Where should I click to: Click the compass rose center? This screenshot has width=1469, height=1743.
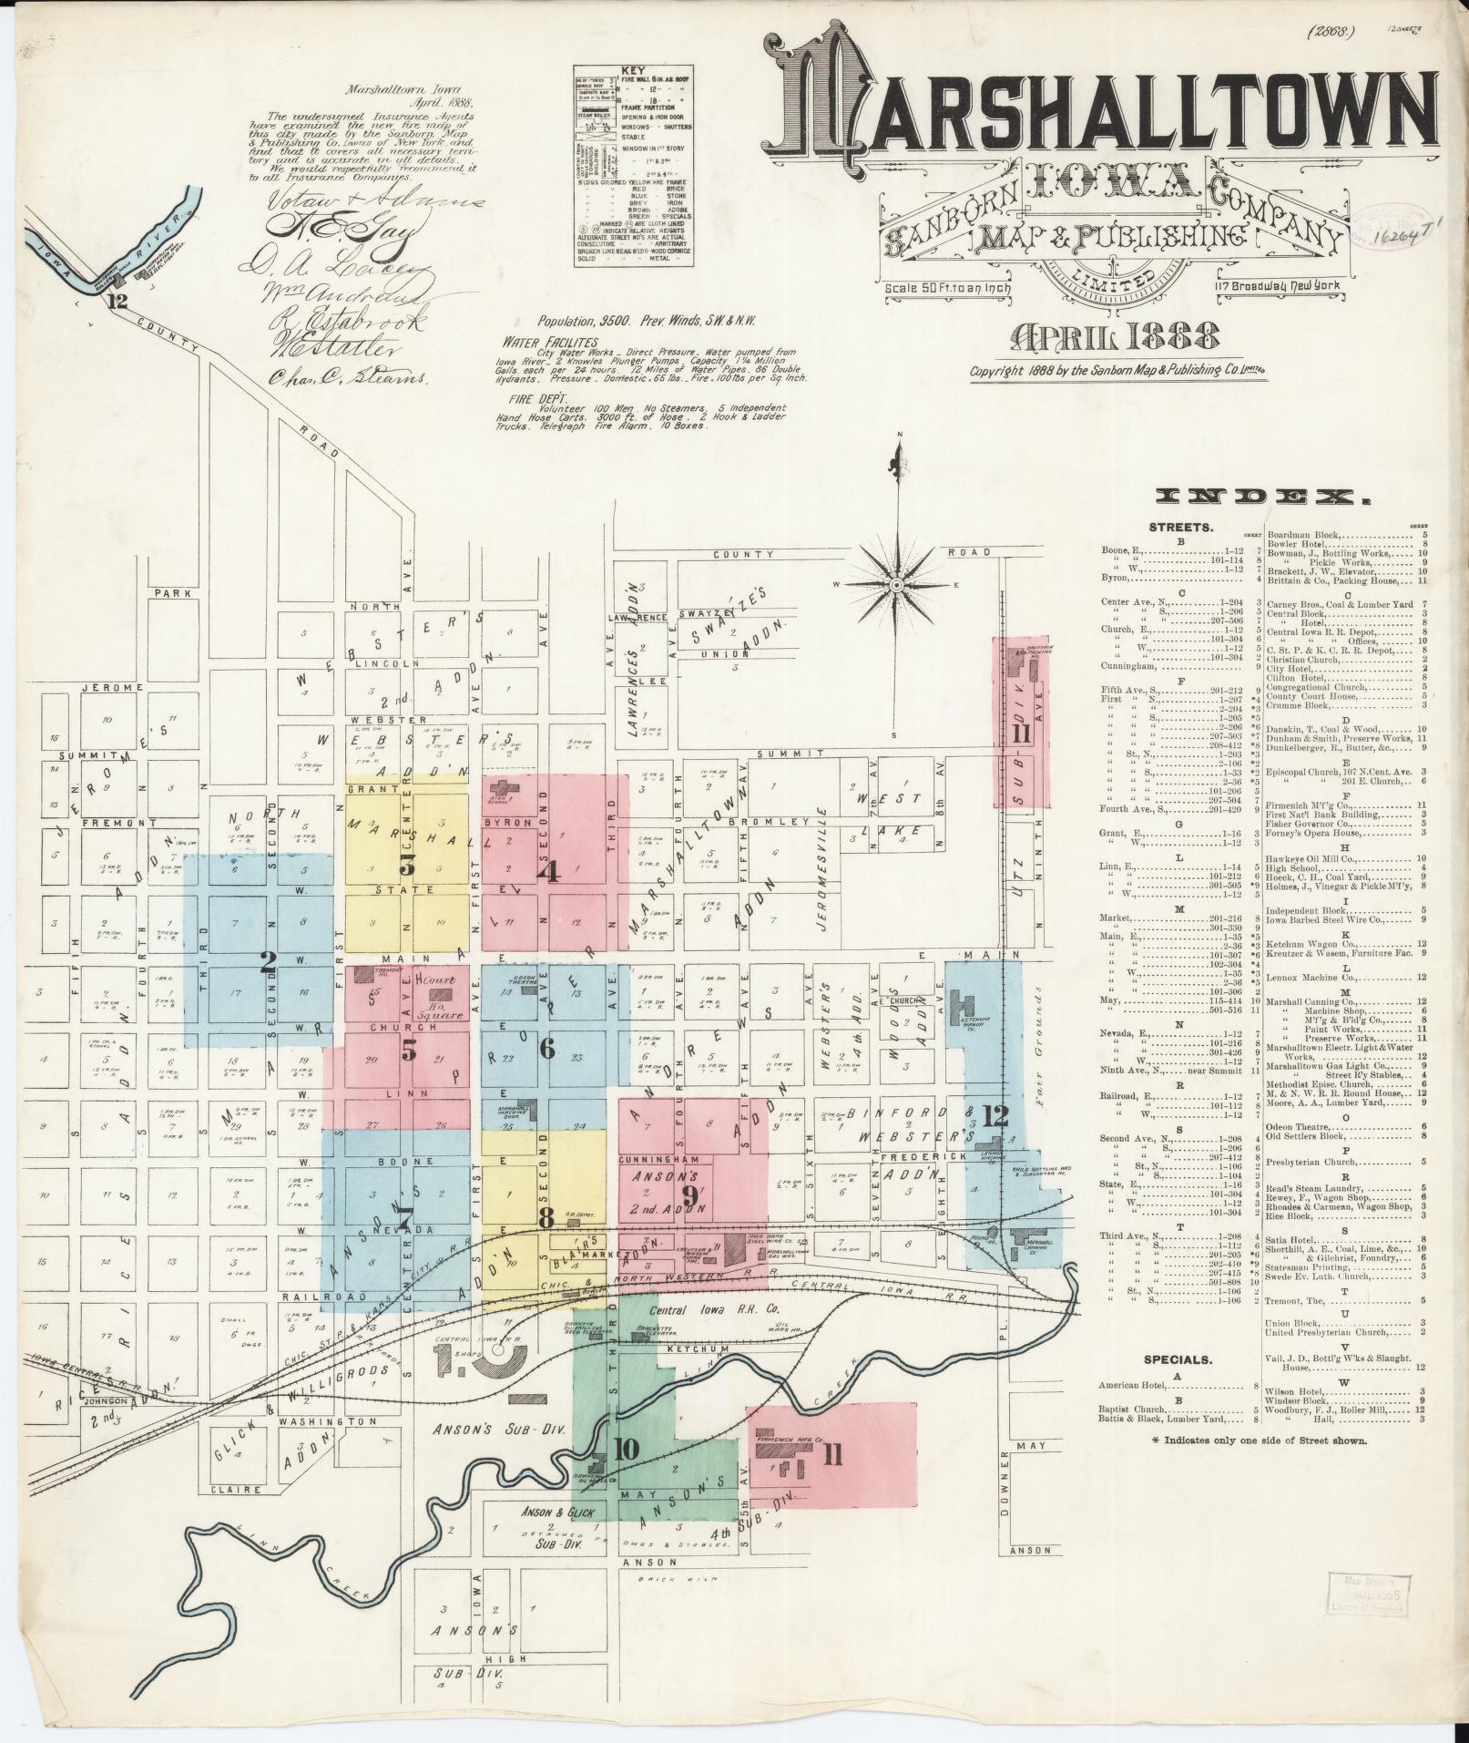(x=897, y=584)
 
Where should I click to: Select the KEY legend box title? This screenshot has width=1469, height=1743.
(x=632, y=70)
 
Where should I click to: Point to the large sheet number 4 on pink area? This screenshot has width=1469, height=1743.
(x=548, y=872)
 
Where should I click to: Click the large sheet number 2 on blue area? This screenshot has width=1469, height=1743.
(x=268, y=962)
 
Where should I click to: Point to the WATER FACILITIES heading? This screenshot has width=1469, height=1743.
(x=546, y=340)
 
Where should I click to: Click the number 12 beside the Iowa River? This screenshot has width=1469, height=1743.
(x=117, y=302)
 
